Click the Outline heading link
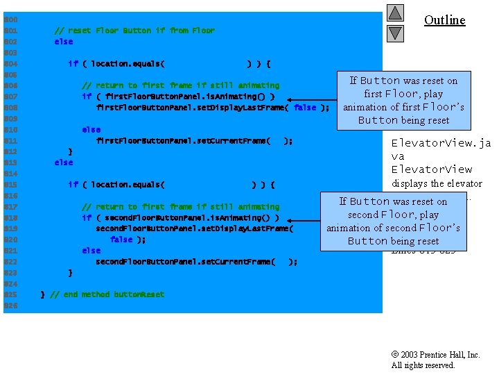(444, 19)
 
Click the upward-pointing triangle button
(394, 12)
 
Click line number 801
(10, 31)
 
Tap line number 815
(10, 185)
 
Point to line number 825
(10, 294)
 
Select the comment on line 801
(134, 31)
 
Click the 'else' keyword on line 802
(63, 42)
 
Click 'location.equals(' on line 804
(123, 64)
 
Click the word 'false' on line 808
(305, 108)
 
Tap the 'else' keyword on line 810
(91, 130)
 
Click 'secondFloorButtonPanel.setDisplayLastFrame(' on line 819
(194, 228)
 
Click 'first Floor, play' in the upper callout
(403, 94)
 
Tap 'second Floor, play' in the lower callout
(393, 215)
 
